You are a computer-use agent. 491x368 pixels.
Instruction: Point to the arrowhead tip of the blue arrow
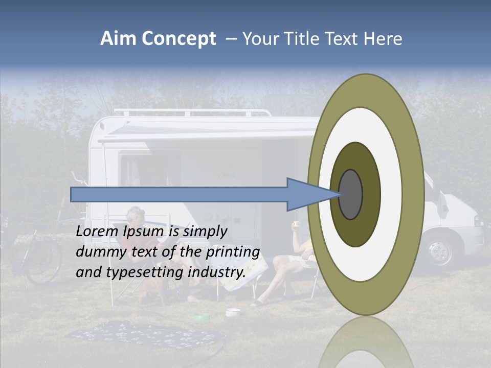(340, 194)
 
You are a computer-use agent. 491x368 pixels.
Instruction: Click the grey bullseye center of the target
(350, 194)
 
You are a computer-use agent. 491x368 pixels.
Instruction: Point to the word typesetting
(145, 272)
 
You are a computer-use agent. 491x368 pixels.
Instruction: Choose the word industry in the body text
(215, 272)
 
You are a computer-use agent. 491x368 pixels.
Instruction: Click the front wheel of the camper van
(439, 251)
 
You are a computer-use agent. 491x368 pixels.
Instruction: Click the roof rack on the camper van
(192, 112)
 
